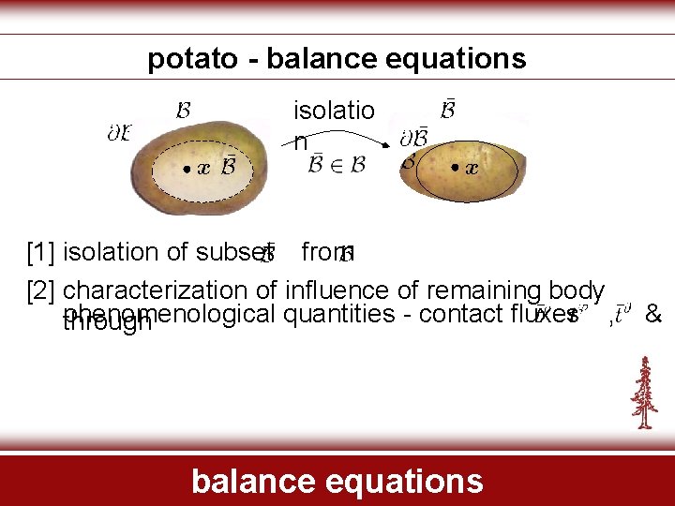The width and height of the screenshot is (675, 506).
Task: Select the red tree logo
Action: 644,393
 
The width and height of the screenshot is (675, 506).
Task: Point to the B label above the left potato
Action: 185,111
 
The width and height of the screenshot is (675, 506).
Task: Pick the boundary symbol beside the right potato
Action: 413,139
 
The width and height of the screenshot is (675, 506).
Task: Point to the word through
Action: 106,324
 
